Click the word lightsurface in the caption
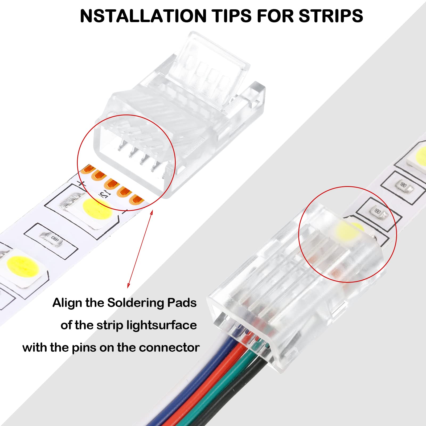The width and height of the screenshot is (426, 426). (x=162, y=325)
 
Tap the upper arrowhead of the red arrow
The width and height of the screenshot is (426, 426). (x=152, y=212)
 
